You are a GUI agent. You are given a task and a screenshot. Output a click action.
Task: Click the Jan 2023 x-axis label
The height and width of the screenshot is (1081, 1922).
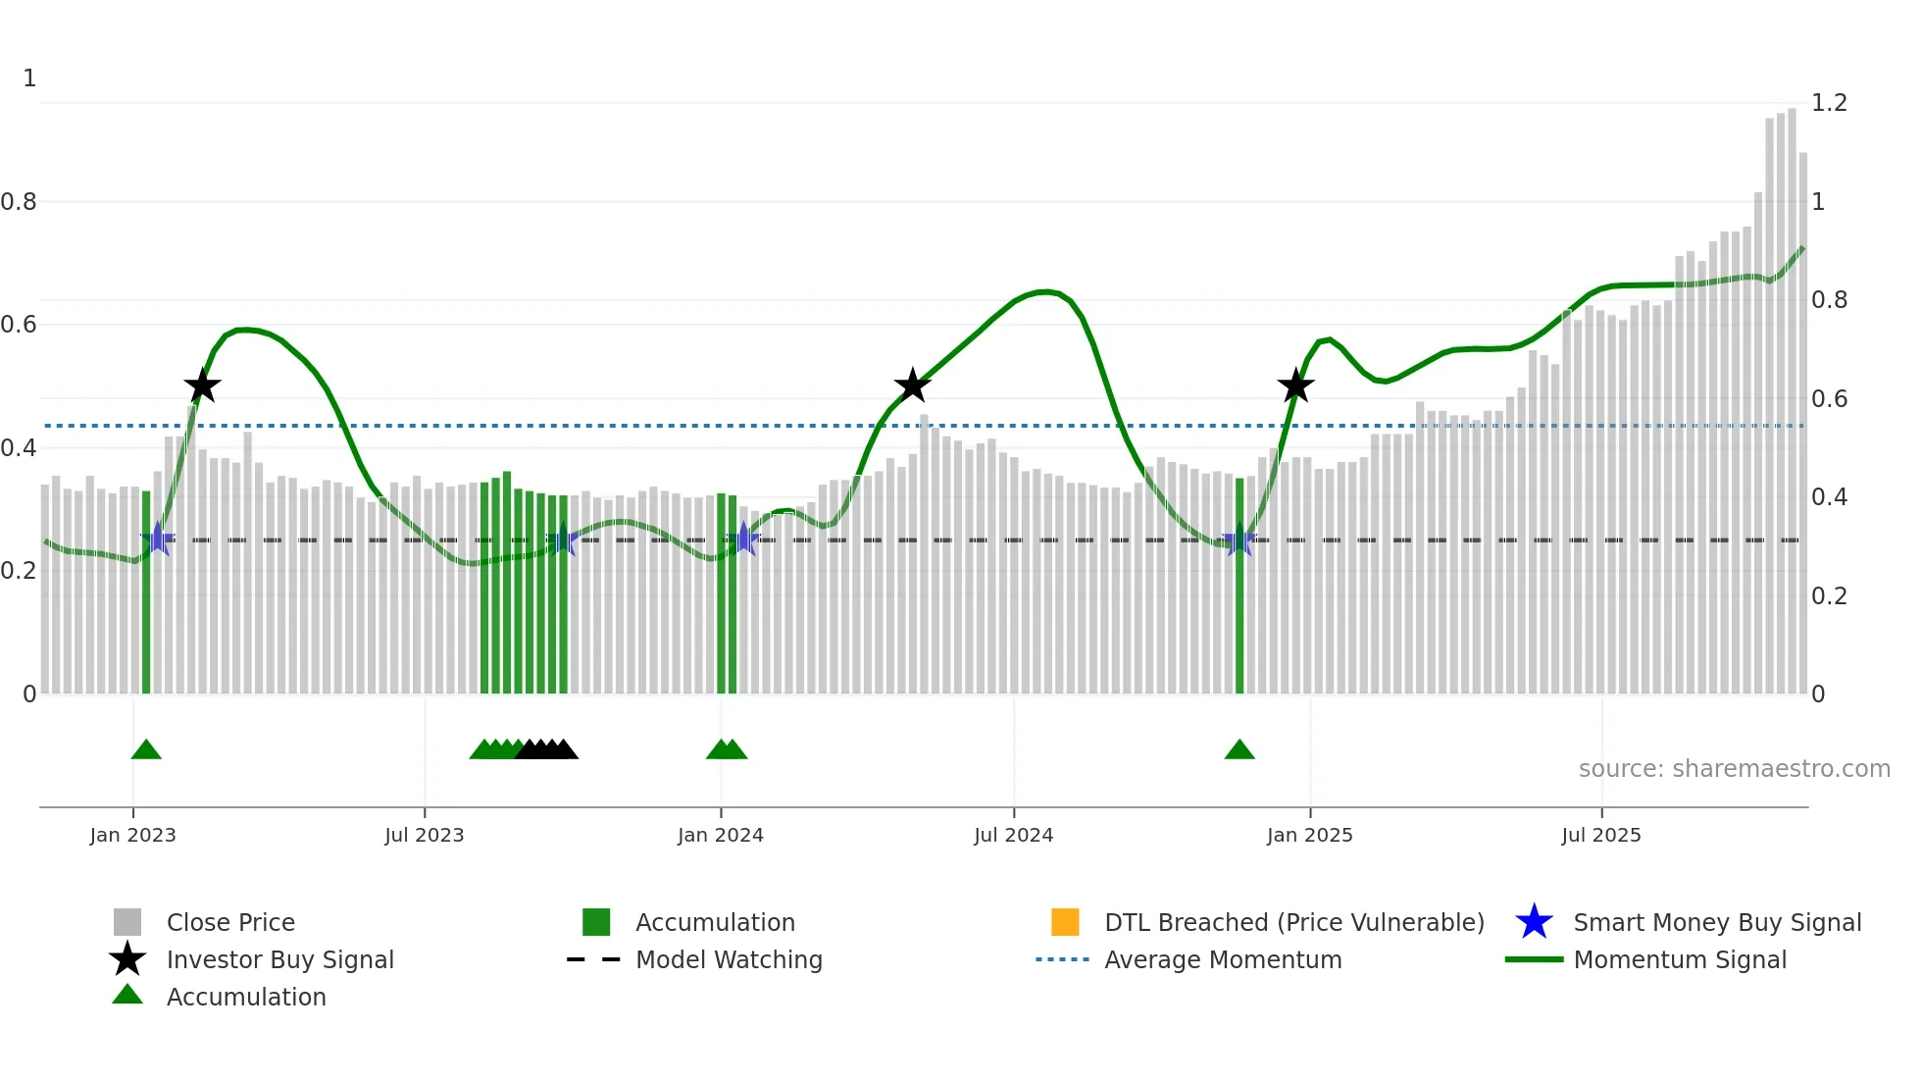(132, 835)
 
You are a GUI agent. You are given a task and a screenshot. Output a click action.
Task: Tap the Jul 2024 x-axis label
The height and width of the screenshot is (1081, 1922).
(1013, 835)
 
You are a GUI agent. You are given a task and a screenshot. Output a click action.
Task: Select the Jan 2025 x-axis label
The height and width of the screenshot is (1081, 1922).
(1309, 835)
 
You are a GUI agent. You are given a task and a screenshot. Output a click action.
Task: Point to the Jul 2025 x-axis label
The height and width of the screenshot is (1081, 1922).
(1600, 835)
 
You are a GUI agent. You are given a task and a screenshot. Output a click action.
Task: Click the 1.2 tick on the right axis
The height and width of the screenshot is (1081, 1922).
(1829, 103)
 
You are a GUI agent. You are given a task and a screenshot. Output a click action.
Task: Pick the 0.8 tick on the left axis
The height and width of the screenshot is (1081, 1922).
(19, 202)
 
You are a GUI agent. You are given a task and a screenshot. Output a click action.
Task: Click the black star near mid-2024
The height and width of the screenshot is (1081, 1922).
(912, 386)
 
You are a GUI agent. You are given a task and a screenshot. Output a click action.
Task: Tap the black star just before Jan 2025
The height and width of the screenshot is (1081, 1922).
(1295, 386)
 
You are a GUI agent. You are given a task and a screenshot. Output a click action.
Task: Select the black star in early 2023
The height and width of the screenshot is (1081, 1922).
(202, 386)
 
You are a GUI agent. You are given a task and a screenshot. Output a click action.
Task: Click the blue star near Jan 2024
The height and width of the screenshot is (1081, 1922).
(744, 539)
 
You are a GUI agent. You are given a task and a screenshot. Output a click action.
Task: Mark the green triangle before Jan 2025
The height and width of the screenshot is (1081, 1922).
(1239, 750)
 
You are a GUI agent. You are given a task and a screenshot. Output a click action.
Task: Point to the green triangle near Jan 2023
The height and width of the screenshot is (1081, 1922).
(146, 750)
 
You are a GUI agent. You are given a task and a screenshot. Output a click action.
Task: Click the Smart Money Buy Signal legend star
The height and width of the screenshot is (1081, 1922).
(1534, 922)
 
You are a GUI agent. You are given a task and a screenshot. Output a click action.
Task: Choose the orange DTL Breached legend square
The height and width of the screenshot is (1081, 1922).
(1065, 922)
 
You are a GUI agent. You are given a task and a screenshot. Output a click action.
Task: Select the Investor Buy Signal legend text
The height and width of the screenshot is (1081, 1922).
(279, 959)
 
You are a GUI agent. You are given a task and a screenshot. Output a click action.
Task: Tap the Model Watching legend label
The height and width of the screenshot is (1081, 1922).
(729, 959)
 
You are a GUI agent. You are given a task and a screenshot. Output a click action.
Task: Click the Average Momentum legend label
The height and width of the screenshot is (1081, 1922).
(1223, 959)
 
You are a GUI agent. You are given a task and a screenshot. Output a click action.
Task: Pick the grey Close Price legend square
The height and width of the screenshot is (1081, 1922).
(127, 922)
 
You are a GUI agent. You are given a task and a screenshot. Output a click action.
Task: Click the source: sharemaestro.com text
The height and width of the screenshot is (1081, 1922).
(1734, 769)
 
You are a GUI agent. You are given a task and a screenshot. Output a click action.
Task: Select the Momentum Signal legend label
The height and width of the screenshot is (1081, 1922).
(1680, 959)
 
